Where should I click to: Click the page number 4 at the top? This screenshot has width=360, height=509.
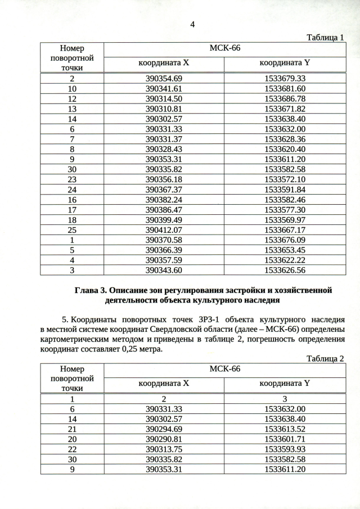pos(192,24)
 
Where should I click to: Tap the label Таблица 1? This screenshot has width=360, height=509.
pos(325,37)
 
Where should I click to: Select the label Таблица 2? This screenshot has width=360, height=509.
pos(325,358)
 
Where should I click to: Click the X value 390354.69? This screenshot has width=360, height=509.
pos(164,78)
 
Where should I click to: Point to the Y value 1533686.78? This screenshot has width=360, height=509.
pos(285,98)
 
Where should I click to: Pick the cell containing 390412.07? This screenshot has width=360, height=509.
pos(164,230)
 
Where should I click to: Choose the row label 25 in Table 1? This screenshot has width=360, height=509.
pos(72,230)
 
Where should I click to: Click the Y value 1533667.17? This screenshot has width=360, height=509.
pos(285,230)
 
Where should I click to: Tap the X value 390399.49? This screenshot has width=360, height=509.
pos(164,220)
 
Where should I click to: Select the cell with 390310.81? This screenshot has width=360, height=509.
pos(164,109)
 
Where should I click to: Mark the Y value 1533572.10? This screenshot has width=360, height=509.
pos(285,179)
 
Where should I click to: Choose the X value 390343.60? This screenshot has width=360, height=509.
pos(164,271)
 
